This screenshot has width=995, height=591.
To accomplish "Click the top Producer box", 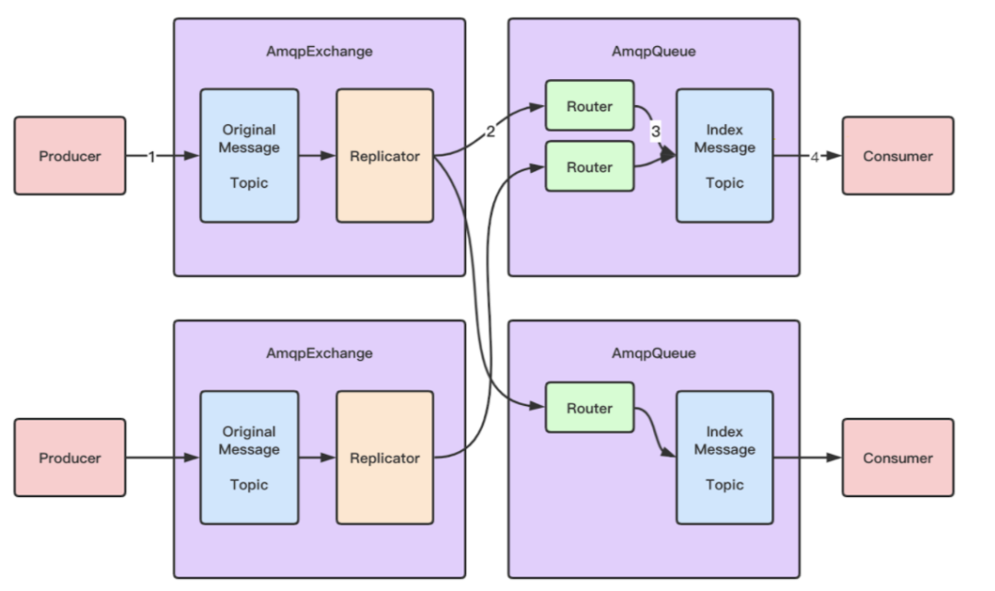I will [70, 156].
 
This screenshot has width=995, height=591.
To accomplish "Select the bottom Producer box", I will [70, 458].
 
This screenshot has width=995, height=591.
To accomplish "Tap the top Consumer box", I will [897, 156].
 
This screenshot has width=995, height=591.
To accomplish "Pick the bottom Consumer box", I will [897, 458].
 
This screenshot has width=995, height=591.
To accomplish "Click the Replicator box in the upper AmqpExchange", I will [384, 156].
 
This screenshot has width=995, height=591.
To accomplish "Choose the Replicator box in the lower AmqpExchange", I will [384, 458].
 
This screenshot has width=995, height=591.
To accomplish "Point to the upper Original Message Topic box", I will [250, 156].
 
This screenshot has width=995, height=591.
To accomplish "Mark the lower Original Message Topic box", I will [250, 458].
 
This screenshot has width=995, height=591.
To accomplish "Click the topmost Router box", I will [590, 106].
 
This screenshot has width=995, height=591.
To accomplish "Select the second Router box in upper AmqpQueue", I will [590, 167].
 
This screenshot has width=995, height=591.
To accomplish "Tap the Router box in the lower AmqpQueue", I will [590, 408].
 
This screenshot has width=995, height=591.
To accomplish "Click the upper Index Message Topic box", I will [724, 156].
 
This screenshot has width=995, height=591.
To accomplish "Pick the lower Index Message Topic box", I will [724, 458].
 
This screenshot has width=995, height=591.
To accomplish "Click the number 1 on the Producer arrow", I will [152, 156].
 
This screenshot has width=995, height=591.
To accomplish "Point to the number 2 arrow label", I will [490, 131].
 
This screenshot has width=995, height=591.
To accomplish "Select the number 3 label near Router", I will [655, 132].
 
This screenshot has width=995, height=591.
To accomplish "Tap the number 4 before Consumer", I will [814, 156].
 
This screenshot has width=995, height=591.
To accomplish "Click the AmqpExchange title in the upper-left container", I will [320, 52].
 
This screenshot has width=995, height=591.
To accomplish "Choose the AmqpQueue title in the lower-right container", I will [653, 353].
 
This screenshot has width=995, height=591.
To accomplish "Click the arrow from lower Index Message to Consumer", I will [807, 458].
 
